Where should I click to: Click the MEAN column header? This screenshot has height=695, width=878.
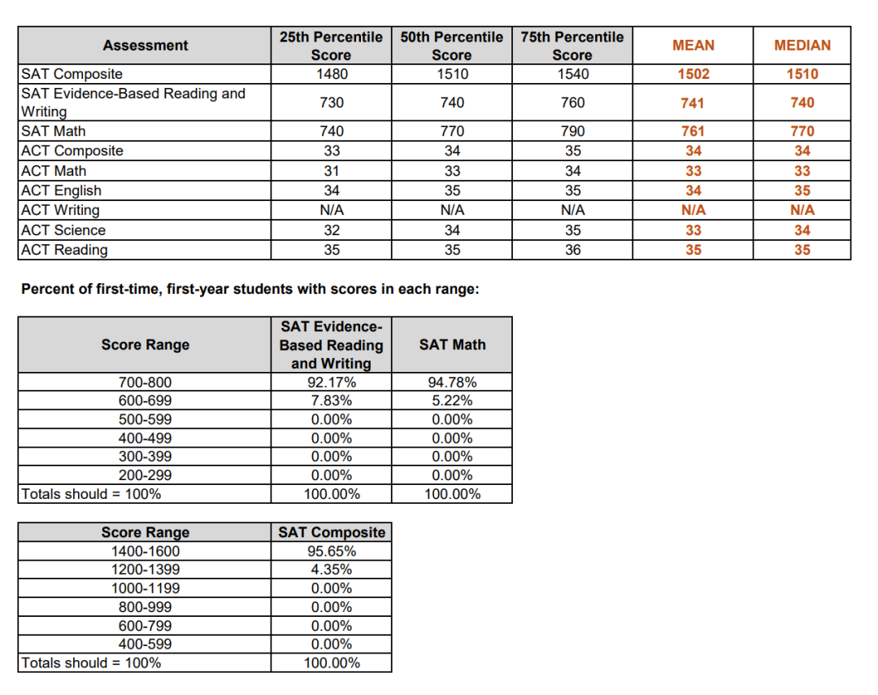point(693,46)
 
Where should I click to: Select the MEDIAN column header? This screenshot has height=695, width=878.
point(802,46)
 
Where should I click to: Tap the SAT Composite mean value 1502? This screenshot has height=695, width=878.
point(693,74)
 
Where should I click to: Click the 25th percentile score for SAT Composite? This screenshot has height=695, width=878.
point(332,74)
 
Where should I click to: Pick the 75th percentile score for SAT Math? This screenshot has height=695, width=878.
point(573,131)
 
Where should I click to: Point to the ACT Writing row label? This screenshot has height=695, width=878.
point(60,210)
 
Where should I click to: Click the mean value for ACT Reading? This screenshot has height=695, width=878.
point(693,250)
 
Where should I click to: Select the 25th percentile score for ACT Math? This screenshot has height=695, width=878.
point(332,171)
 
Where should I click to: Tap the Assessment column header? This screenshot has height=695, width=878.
point(145,46)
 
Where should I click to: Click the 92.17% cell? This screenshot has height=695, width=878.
point(332,382)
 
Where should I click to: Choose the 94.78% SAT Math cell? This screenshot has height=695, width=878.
point(452,382)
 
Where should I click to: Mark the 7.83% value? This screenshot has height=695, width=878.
point(332,400)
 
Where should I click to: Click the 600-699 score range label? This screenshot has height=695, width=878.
point(145,400)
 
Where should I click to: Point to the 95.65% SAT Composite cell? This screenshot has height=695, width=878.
point(332,551)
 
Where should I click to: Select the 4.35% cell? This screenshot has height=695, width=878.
point(332,570)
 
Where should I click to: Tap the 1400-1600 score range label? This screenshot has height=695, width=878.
point(145,551)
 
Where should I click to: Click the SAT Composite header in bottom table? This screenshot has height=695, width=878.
point(332,532)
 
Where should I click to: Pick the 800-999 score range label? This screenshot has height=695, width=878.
point(145,607)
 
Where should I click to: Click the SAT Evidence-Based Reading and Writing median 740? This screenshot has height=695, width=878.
point(802,103)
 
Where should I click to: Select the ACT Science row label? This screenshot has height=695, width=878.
point(63,230)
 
